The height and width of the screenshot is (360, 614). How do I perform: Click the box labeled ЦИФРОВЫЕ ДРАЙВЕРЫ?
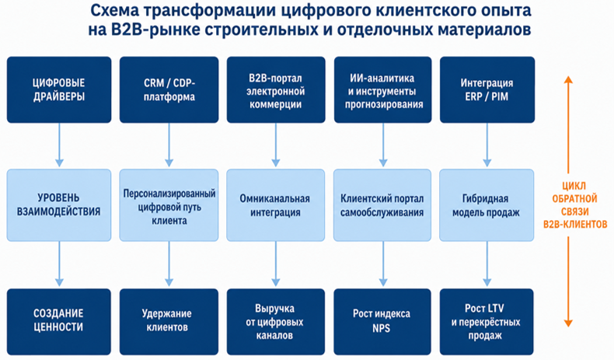pyautogui.click(x=59, y=89)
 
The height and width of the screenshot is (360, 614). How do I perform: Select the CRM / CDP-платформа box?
pyautogui.click(x=169, y=89)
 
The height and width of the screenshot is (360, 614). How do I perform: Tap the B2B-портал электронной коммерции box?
pyautogui.click(x=276, y=89)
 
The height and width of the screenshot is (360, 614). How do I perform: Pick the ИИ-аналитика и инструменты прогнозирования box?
pyautogui.click(x=383, y=89)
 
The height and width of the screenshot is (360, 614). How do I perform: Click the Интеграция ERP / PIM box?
pyautogui.click(x=487, y=89)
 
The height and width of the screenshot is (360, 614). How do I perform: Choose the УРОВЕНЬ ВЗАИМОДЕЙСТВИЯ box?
pyautogui.click(x=59, y=204)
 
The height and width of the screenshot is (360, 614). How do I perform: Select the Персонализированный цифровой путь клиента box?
pyautogui.click(x=169, y=204)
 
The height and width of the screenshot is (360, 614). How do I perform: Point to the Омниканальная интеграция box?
pyautogui.click(x=276, y=204)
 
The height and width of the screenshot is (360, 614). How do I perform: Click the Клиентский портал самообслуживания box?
pyautogui.click(x=382, y=204)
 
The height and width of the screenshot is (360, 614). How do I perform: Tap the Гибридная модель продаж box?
pyautogui.click(x=487, y=204)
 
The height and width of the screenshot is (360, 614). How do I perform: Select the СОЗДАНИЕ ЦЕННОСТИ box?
pyautogui.click(x=59, y=322)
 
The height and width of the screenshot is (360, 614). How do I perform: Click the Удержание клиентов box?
pyautogui.click(x=169, y=322)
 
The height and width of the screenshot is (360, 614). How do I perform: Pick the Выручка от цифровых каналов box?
pyautogui.click(x=276, y=322)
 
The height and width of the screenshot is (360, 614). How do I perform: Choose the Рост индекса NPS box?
pyautogui.click(x=382, y=322)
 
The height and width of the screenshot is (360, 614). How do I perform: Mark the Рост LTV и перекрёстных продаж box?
pyautogui.click(x=487, y=322)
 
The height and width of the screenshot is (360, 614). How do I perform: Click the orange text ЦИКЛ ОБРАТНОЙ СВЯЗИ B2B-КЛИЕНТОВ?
pyautogui.click(x=575, y=204)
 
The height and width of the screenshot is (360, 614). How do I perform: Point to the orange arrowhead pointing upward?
pyautogui.click(x=568, y=79)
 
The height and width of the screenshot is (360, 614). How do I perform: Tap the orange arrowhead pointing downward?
pyautogui.click(x=568, y=323)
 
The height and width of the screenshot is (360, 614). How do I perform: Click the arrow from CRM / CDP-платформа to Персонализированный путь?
pyautogui.click(x=169, y=145)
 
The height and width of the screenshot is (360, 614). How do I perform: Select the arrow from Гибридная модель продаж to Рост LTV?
pyautogui.click(x=487, y=264)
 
